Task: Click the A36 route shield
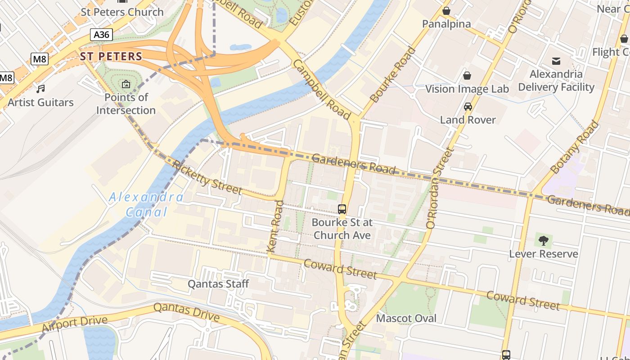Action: [x=101, y=35]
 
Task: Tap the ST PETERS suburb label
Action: [x=111, y=57]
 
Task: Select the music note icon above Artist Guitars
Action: [x=41, y=89]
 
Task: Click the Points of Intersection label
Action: [x=126, y=104]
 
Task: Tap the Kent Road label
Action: [x=275, y=226]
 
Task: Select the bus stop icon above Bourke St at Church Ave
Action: [x=342, y=209]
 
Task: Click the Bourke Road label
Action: [x=393, y=75]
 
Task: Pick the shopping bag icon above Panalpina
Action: [x=446, y=11]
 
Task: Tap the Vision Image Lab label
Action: [x=467, y=89]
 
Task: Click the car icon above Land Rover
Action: [x=468, y=107]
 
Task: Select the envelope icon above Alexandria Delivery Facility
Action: [x=556, y=61]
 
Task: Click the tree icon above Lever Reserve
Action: [x=544, y=240]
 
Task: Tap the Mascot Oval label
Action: [x=406, y=319]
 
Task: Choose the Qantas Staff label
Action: [x=218, y=284]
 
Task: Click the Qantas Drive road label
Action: [x=186, y=312]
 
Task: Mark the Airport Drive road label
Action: [x=75, y=324]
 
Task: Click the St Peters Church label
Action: [x=122, y=12]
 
